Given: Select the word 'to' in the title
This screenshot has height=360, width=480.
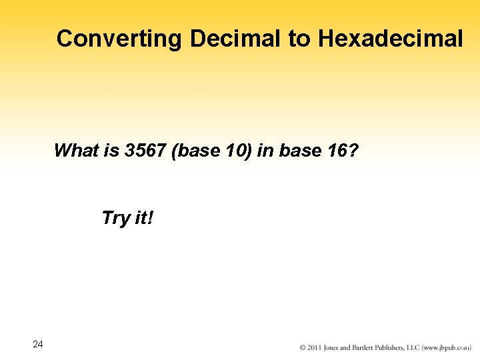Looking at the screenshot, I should tap(299, 39).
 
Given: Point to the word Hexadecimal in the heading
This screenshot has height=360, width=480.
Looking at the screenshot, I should tap(390, 39).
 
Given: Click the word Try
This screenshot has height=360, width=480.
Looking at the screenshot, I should tap(115, 218).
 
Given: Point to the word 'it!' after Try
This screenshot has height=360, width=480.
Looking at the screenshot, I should tap(143, 218).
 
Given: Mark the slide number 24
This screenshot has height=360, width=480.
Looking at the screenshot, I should tap(37, 344).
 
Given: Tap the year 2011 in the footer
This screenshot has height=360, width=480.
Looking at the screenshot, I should tap(315, 347).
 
